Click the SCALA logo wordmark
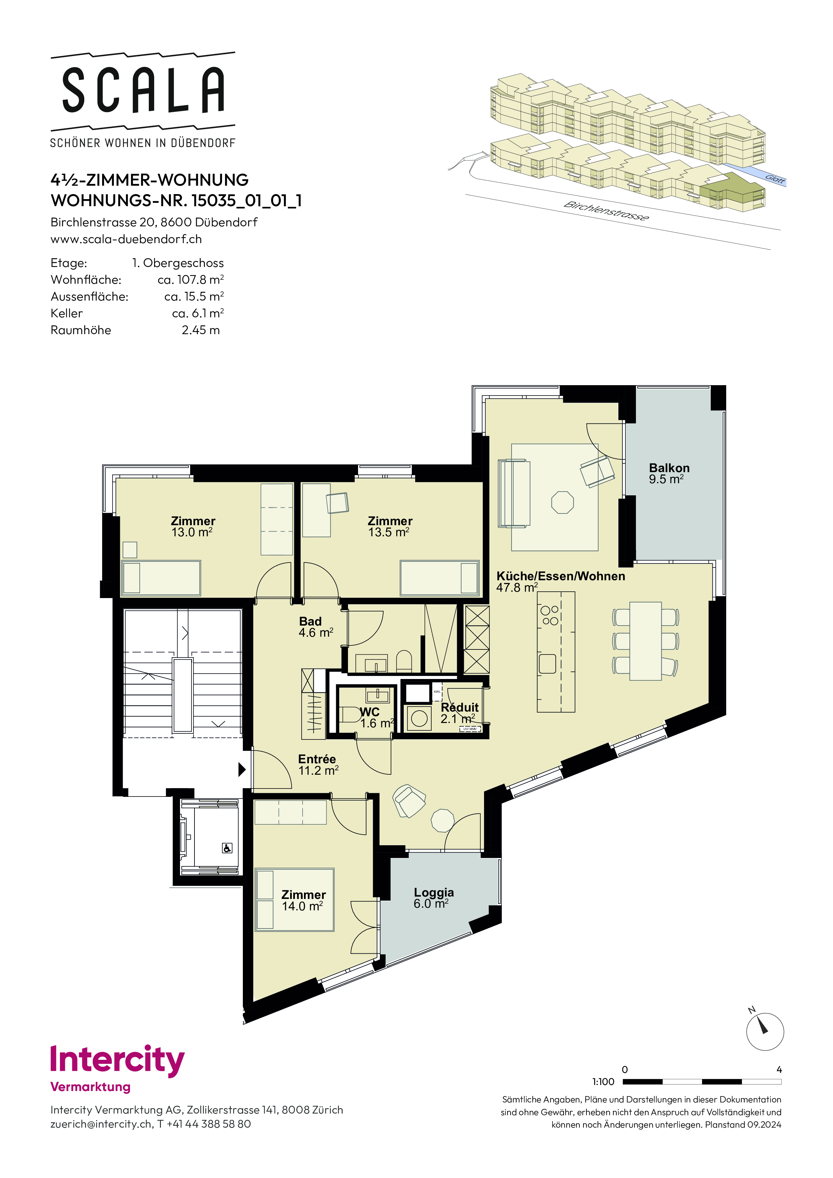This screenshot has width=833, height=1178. (143, 90)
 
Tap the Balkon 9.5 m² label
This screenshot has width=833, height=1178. (669, 473)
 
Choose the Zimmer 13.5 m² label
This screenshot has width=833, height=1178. (390, 527)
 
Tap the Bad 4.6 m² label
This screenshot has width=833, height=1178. (316, 627)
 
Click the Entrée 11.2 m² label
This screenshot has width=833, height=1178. (318, 765)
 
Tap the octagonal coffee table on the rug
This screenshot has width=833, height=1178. (563, 502)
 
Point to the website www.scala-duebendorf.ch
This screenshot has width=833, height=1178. (126, 239)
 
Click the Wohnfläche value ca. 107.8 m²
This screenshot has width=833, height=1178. (190, 280)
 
